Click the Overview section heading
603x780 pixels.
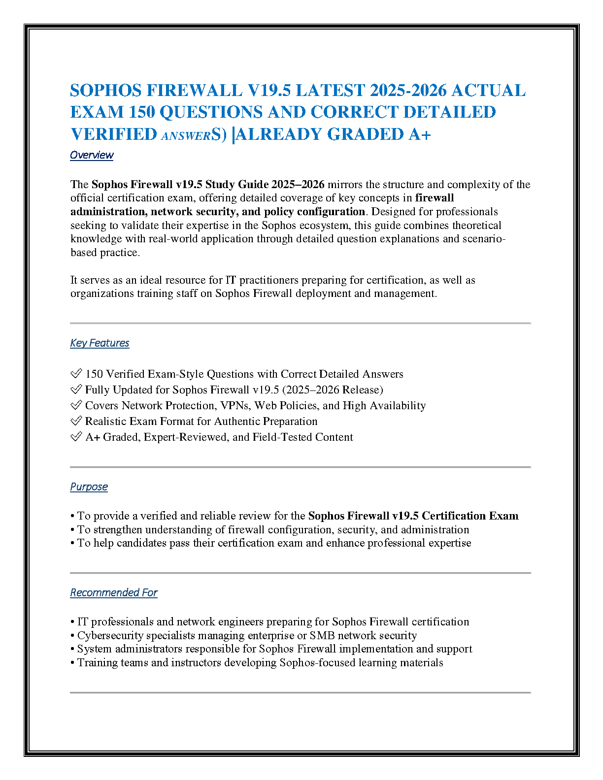pos(92,155)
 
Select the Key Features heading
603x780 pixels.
pos(100,343)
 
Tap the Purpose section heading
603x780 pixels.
pos(89,487)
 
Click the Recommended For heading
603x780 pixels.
pos(114,593)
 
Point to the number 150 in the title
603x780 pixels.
pos(142,112)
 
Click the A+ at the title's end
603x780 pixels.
pos(420,134)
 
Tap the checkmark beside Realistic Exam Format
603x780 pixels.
pos(76,421)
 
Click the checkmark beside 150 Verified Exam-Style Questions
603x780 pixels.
pos(76,374)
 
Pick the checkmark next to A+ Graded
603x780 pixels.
pos(76,437)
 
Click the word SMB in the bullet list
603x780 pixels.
pos(322,636)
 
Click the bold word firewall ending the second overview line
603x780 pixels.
pos(435,198)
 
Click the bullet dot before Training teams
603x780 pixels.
pos(72,663)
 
